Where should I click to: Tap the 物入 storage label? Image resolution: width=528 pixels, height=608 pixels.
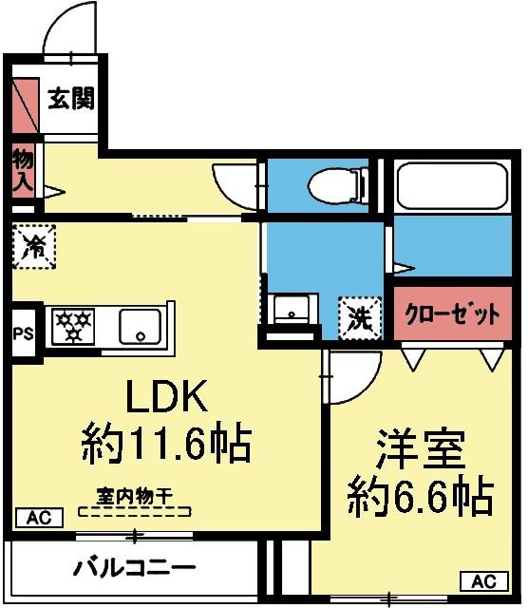point(22,172)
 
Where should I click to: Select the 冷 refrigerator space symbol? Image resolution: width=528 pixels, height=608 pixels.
point(35,246)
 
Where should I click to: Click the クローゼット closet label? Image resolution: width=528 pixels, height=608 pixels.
point(452,314)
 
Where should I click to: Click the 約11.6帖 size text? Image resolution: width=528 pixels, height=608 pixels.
point(166,442)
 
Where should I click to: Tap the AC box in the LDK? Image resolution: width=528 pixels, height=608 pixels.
point(38,519)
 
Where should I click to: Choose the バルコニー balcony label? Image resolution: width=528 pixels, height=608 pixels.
point(135,569)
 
